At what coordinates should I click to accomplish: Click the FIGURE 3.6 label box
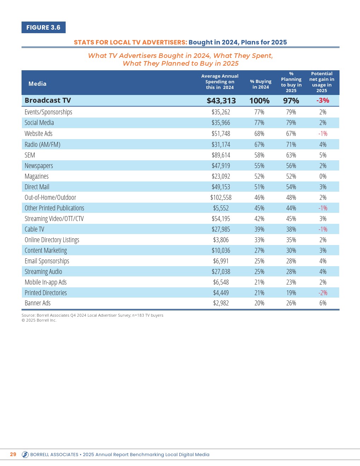[x=43, y=28]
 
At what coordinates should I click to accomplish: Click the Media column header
[x=37, y=84]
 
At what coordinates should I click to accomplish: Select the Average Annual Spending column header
[x=220, y=82]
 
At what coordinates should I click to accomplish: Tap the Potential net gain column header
[x=322, y=82]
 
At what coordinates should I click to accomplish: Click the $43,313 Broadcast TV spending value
[x=221, y=101]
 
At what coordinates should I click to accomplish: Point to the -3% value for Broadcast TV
[x=323, y=100]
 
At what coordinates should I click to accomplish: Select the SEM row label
[x=30, y=155]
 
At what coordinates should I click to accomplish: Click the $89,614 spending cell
[x=221, y=155]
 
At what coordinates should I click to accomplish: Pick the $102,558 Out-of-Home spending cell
[x=221, y=197]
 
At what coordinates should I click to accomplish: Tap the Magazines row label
[x=37, y=176]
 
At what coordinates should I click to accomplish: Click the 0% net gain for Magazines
[x=323, y=176]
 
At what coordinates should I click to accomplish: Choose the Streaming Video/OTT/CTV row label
[x=54, y=219]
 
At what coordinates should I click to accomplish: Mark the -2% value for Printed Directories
[x=323, y=293]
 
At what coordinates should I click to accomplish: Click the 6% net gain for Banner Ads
[x=323, y=303]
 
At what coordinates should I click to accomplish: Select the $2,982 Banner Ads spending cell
[x=221, y=303]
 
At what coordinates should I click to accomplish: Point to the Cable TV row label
[x=35, y=229]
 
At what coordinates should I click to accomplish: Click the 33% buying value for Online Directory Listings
[x=259, y=240]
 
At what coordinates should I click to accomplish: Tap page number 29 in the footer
[x=13, y=454]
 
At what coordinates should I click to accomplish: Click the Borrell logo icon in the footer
[x=25, y=455]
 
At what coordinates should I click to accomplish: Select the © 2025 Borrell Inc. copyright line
[x=39, y=320]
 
